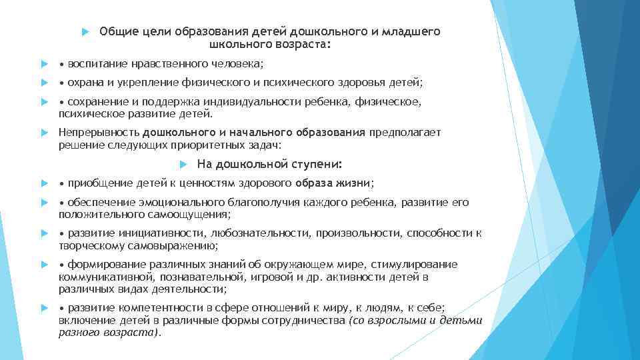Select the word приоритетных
click(218, 145)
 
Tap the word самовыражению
click(161, 245)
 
